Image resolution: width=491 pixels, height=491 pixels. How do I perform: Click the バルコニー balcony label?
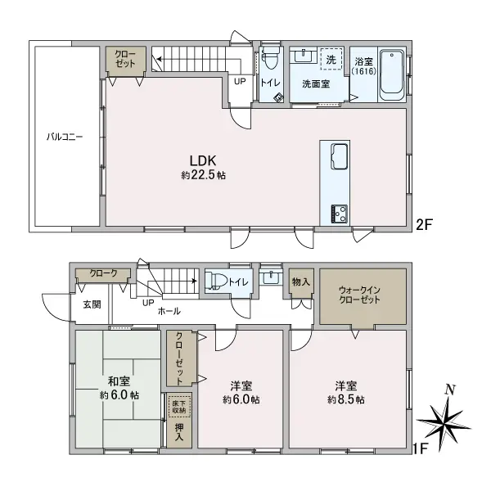tap(63, 137)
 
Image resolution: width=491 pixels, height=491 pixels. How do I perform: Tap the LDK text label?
tap(203, 160)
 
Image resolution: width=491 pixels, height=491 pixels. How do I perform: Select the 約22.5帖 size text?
tap(203, 175)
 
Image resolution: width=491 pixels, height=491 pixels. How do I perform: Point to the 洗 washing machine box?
tap(331, 60)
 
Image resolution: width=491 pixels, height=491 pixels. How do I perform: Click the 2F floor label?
tap(425, 223)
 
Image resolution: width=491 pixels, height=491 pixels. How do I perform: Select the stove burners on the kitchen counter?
tap(338, 212)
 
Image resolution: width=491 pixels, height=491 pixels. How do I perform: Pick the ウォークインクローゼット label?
tap(361, 295)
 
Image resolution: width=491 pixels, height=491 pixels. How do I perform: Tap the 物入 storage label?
tap(300, 282)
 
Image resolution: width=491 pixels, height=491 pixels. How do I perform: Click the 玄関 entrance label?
tap(92, 304)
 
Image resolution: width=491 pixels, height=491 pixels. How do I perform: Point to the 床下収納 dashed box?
tap(178, 405)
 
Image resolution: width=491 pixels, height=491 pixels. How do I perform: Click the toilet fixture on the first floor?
tap(218, 281)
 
